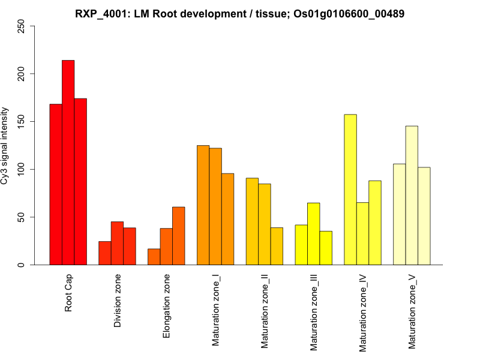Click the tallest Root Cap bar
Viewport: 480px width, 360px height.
68,162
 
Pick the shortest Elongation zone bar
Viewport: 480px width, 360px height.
154,257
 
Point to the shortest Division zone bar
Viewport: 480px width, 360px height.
104,253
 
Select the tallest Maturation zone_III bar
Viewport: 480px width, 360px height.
313,234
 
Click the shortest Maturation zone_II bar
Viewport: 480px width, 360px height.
277,246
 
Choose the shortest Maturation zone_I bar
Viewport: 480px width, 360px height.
227,219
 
